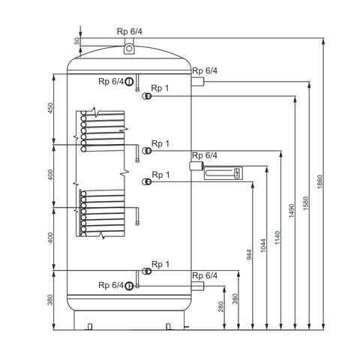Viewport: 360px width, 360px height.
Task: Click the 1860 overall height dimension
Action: (x=320, y=181)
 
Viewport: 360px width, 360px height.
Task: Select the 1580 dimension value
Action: (x=306, y=203)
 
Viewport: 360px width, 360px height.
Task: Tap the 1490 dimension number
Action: (x=292, y=211)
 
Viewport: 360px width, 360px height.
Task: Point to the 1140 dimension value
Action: (x=277, y=238)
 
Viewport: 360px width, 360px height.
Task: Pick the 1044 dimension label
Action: (x=263, y=246)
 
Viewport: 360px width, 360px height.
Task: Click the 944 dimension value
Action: (x=249, y=255)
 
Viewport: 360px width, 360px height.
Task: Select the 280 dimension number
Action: (x=221, y=307)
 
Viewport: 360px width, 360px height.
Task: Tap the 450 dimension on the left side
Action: (x=50, y=108)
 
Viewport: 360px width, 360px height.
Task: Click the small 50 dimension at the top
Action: (x=77, y=41)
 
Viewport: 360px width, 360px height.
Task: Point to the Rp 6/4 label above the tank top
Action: (x=130, y=31)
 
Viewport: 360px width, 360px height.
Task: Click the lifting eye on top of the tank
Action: (x=129, y=48)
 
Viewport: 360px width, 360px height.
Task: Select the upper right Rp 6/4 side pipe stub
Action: (x=198, y=82)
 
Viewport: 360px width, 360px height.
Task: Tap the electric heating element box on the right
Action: (x=223, y=172)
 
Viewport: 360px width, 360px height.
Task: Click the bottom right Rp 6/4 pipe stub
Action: (x=198, y=286)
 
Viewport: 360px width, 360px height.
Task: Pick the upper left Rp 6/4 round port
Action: (x=129, y=81)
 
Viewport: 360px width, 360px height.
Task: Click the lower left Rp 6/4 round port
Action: (x=129, y=286)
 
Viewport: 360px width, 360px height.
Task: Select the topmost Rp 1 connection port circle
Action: (x=147, y=96)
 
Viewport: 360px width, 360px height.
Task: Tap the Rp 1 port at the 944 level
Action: (x=147, y=181)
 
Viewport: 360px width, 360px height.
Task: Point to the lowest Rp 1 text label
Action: (x=160, y=264)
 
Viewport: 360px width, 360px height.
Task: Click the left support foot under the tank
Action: (x=90, y=326)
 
